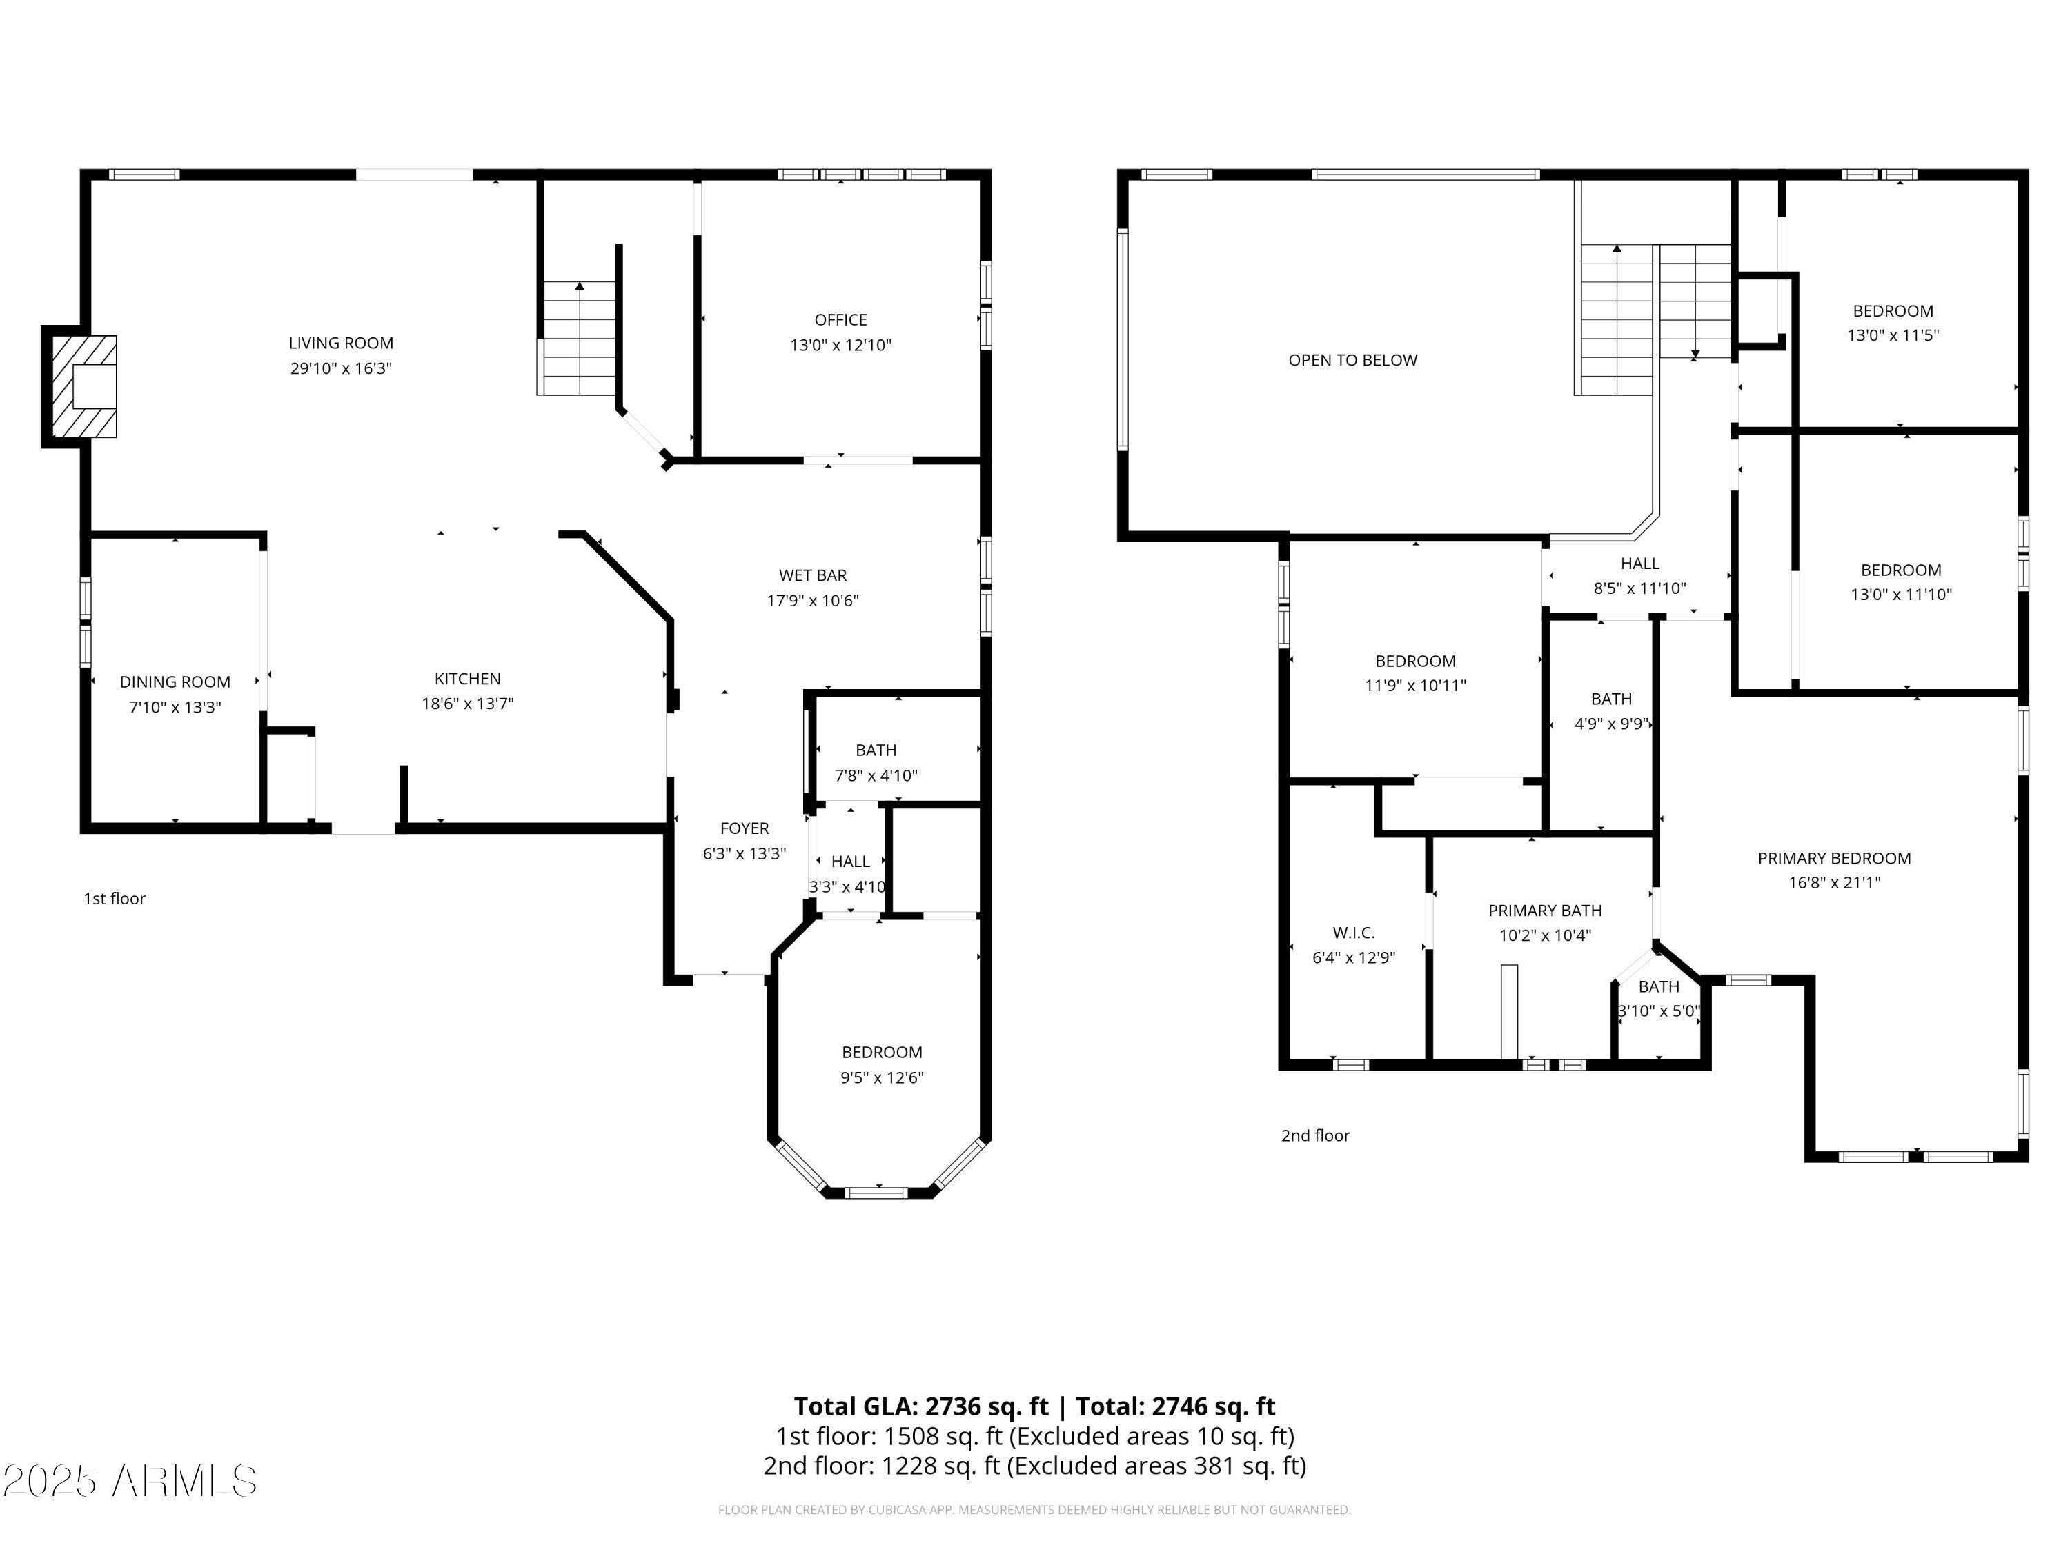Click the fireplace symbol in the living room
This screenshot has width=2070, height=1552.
point(84,386)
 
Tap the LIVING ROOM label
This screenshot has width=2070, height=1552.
point(341,344)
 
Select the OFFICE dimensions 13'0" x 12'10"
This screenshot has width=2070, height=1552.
point(840,345)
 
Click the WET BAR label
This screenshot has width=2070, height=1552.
point(812,575)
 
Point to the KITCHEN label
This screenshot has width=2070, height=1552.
point(467,679)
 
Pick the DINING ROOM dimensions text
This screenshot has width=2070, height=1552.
point(175,707)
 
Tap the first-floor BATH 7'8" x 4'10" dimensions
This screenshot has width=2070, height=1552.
point(876,775)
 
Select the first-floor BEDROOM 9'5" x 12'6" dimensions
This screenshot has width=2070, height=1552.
point(882,1077)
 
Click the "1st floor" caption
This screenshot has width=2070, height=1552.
point(114,898)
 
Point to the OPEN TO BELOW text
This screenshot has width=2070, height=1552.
point(1352,360)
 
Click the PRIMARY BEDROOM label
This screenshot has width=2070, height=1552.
point(1834,858)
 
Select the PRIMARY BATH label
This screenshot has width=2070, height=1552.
point(1545,911)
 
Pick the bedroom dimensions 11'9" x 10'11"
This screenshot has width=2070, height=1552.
point(1415,686)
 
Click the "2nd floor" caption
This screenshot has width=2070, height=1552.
point(1315,1135)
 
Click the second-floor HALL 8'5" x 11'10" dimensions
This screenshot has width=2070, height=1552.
point(1639,588)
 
